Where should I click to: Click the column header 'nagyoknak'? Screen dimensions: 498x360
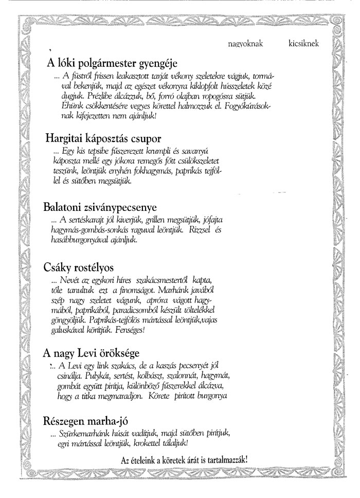pyautogui.click(x=245, y=44)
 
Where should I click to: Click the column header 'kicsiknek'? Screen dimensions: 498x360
pyautogui.click(x=303, y=44)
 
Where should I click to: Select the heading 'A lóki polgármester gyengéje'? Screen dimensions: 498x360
pyautogui.click(x=112, y=63)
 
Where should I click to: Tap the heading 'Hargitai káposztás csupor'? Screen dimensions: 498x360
pyautogui.click(x=103, y=138)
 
